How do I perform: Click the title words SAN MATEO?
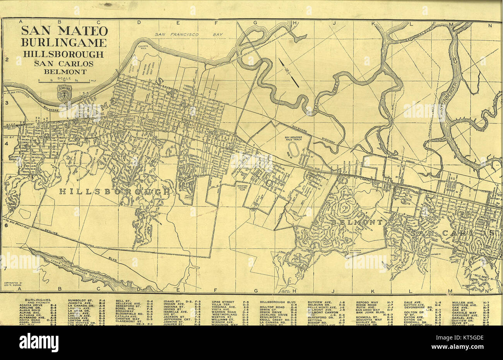[64, 30]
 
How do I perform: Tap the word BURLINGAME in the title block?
[64, 42]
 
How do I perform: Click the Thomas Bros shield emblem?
[64, 93]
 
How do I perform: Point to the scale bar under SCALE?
[64, 81]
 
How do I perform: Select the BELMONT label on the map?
[356, 223]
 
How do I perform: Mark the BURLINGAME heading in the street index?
[38, 300]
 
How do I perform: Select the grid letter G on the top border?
[255, 23]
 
